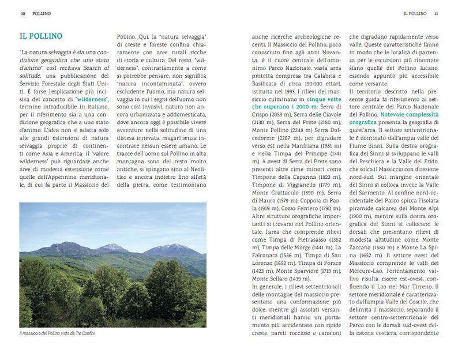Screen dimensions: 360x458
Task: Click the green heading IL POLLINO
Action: point(40,36)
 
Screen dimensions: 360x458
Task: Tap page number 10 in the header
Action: point(23,13)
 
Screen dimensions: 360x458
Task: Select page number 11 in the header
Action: point(436,13)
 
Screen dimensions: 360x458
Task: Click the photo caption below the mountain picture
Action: point(57,333)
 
